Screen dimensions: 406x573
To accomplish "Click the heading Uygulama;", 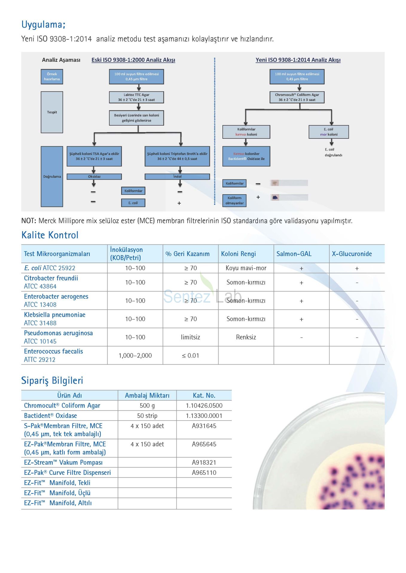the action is [43, 24].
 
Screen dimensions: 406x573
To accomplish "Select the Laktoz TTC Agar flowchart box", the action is [136, 97].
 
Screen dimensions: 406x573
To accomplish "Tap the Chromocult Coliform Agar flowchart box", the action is [297, 97].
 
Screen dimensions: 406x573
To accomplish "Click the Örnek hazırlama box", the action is [52, 77].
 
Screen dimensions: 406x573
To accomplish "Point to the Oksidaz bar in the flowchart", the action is [94, 177].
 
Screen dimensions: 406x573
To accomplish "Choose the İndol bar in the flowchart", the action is [177, 177].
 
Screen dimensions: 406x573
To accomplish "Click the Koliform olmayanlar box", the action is [234, 201].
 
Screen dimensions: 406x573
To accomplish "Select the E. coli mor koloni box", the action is [329, 132].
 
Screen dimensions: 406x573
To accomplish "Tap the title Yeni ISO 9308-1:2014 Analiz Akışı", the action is [298, 60].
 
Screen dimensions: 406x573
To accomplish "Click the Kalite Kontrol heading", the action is [50, 235].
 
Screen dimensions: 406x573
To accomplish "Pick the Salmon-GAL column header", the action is [294, 254].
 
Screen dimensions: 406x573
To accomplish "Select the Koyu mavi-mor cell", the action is [246, 268].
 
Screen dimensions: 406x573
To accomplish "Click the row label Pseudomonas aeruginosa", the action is [58, 333].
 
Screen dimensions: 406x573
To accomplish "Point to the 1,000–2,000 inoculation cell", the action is [135, 355].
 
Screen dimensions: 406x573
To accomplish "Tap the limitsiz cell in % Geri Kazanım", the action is [190, 337].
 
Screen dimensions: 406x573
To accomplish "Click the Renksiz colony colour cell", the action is [246, 337].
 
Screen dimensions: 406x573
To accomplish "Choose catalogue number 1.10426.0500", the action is [204, 406].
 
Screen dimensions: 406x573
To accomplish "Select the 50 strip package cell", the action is [147, 416].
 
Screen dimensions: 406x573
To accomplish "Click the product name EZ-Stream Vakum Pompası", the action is [63, 463].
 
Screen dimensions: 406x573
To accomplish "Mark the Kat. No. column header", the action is [204, 395].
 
